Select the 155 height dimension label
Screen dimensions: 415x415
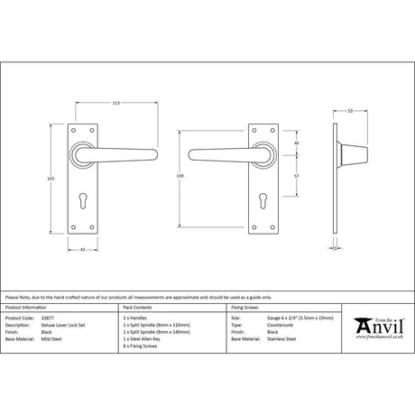click(x=63, y=178)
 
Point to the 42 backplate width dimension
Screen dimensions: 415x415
click(x=82, y=249)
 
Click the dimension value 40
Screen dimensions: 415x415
click(x=298, y=142)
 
